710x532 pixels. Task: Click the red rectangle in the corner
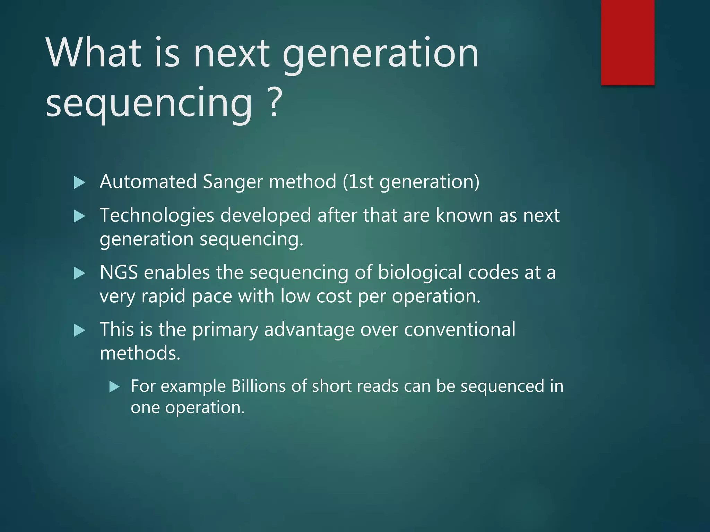(x=627, y=42)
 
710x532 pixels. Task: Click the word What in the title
(x=94, y=53)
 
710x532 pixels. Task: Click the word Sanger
(x=233, y=181)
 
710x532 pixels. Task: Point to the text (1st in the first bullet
(x=358, y=181)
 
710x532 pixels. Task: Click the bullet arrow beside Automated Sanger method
(x=79, y=182)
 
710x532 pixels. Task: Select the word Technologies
(x=157, y=215)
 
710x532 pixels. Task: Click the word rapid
(x=163, y=296)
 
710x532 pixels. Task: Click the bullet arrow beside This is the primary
(x=79, y=330)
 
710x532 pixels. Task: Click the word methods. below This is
(x=140, y=353)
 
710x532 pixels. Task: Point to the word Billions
(x=258, y=386)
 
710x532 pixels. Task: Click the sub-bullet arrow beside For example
(x=114, y=387)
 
